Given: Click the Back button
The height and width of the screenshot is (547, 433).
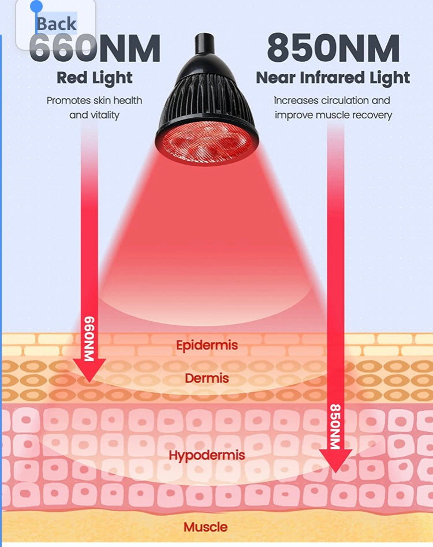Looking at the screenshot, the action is [x=56, y=24].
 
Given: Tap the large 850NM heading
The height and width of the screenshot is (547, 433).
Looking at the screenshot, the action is [x=333, y=48].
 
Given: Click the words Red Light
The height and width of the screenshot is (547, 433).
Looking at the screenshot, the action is [x=95, y=78].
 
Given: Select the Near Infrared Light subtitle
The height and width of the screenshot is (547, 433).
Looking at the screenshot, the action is [x=333, y=78].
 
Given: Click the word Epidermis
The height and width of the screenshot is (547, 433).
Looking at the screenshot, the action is [x=207, y=345].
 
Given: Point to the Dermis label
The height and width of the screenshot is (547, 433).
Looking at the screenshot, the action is [x=207, y=378].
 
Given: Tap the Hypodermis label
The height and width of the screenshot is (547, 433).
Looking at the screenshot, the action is [x=207, y=455].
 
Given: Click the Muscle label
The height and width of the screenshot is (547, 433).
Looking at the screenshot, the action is [x=206, y=527].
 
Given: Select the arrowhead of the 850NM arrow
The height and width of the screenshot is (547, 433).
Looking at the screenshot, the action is [x=336, y=460].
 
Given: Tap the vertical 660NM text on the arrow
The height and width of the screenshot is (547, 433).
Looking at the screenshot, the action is [x=89, y=338].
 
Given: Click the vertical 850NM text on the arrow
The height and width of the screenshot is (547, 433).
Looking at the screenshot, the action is [x=335, y=426].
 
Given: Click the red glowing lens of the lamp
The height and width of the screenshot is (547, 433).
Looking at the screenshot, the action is [x=207, y=144].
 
